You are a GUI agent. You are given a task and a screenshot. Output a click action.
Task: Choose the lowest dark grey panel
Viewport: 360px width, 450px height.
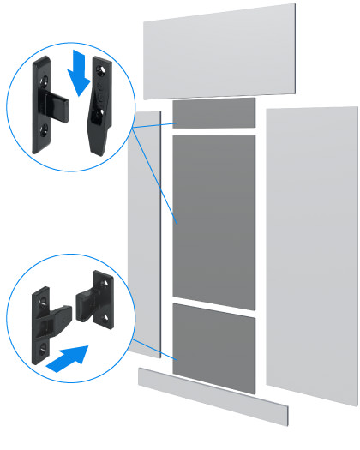(x=214, y=347)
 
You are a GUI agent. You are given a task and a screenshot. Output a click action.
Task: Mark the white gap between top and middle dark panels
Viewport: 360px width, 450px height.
(x=214, y=131)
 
